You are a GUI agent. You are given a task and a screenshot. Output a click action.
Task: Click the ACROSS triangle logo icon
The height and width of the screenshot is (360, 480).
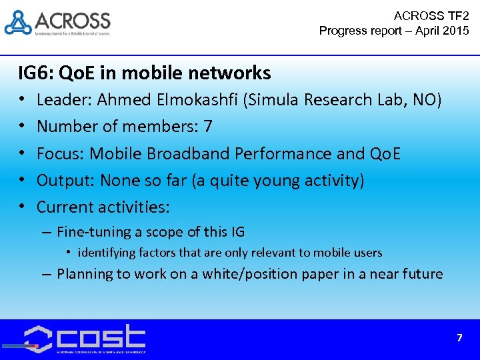click(18, 22)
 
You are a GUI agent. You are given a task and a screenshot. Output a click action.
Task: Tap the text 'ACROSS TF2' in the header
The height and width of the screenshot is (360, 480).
click(431, 15)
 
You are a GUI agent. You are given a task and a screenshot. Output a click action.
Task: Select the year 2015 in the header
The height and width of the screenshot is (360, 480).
click(455, 31)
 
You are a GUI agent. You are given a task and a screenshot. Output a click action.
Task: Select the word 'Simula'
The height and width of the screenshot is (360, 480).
click(275, 100)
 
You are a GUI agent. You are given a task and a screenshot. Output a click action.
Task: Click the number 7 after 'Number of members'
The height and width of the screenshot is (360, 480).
click(208, 127)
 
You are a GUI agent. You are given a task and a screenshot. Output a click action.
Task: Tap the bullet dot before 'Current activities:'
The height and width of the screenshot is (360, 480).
click(22, 207)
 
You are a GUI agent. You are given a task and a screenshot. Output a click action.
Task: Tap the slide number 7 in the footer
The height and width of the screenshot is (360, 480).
click(459, 338)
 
